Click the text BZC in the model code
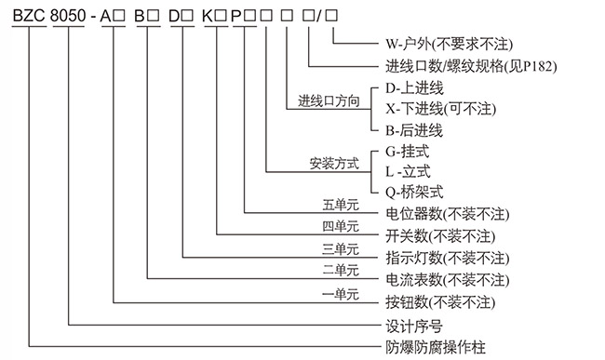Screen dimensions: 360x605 (x=27, y=13)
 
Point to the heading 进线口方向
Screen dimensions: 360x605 (x=329, y=101)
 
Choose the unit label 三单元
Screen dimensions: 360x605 (x=340, y=249)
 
